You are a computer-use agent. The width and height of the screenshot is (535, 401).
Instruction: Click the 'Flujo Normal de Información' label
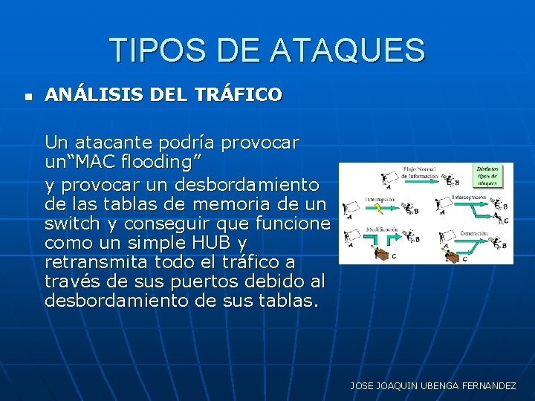pos(423,173)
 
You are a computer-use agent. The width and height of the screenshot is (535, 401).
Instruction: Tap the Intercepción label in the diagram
pos(469,198)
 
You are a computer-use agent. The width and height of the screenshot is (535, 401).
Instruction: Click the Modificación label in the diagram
pos(381,230)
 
